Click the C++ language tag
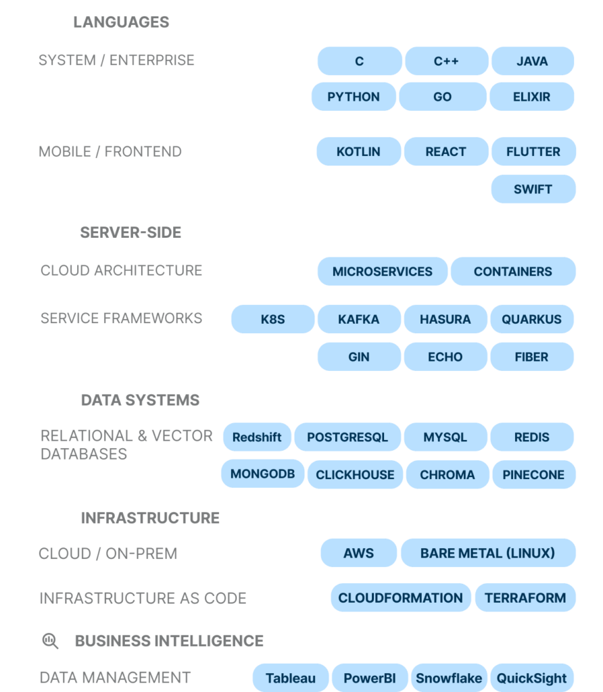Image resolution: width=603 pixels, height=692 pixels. (446, 61)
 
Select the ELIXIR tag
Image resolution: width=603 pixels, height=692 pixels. (531, 97)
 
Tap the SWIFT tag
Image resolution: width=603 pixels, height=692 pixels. (533, 189)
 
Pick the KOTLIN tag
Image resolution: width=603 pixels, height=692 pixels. (358, 151)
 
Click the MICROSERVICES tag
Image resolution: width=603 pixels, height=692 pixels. (382, 272)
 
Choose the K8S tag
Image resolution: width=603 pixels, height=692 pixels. (272, 320)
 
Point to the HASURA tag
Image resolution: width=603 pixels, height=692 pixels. (445, 320)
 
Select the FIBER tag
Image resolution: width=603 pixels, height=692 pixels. (531, 357)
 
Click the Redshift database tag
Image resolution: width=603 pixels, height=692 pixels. (257, 437)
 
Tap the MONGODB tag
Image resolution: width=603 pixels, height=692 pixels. (262, 474)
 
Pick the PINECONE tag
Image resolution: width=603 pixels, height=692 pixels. (533, 475)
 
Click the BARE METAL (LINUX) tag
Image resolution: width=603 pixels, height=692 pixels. (487, 553)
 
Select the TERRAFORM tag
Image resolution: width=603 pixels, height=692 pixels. (525, 598)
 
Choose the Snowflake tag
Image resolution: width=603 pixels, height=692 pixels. (449, 678)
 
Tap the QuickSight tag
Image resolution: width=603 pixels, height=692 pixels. (532, 678)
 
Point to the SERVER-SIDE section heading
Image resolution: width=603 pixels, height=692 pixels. (130, 232)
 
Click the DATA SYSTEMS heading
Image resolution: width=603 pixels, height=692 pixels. (140, 400)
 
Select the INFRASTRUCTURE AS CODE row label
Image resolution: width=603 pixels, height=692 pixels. (143, 598)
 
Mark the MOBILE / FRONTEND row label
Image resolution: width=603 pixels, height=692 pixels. (110, 151)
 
